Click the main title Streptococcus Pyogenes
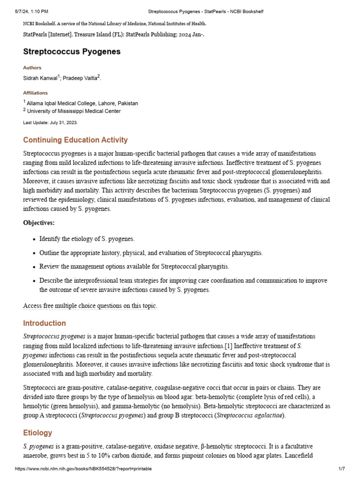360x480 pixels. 72,52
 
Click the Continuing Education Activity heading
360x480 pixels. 75,140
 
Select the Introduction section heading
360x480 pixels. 45,323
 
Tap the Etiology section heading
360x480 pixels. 37,433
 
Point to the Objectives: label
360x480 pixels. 39,223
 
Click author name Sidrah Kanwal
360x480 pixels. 40,78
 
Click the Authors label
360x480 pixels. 32,68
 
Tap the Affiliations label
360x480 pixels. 35,93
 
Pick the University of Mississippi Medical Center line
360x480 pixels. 74,111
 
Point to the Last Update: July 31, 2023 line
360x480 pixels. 50,122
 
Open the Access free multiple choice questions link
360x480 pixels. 90,306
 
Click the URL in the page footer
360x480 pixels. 83,469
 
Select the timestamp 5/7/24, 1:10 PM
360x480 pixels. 31,11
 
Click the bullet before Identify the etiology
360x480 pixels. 34,240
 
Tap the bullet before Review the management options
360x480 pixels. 34,267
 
